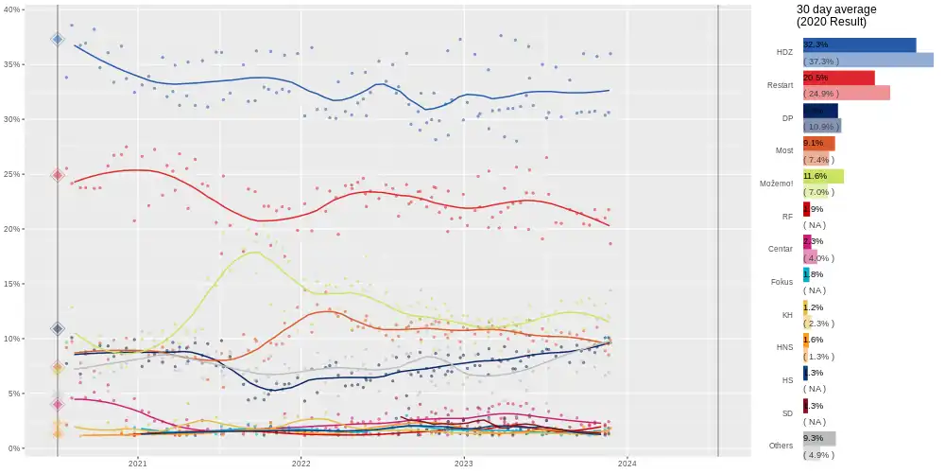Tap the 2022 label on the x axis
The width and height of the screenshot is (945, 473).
[301, 464]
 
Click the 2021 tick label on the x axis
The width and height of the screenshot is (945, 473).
[138, 464]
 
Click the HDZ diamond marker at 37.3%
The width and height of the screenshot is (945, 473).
[58, 40]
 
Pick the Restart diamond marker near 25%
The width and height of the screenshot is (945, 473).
[58, 175]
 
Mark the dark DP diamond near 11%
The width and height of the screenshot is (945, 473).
[58, 328]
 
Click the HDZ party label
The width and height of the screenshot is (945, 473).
[783, 52]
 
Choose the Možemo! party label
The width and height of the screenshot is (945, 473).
[776, 184]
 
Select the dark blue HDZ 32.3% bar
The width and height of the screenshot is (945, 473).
[859, 44]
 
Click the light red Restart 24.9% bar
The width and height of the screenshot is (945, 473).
[846, 93]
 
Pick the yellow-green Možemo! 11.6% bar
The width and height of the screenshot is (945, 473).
[823, 176]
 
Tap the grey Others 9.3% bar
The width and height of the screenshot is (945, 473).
[819, 438]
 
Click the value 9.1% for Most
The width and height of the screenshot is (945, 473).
[813, 143]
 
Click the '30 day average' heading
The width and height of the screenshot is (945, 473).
[836, 9]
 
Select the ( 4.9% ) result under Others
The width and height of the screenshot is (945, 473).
[819, 454]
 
